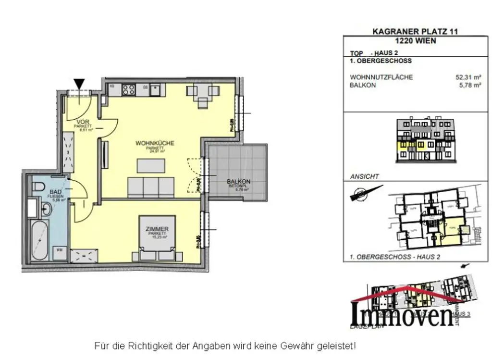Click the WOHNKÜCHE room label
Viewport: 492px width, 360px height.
[155, 143]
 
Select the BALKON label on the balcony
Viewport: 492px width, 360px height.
[239, 182]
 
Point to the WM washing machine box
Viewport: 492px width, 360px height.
[60, 250]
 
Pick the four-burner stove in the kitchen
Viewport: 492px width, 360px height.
[128, 89]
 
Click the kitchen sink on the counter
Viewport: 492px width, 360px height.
[155, 89]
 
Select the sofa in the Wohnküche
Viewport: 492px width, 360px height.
[150, 186]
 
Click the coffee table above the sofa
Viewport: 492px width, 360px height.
[150, 165]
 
